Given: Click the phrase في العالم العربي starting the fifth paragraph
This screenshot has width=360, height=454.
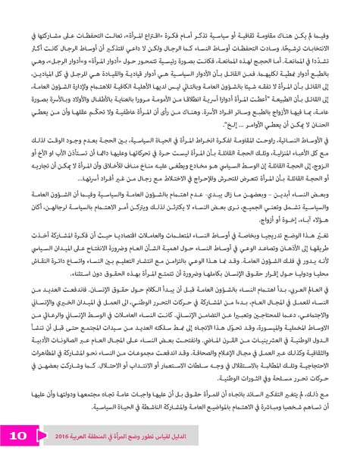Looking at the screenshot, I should (321, 312).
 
